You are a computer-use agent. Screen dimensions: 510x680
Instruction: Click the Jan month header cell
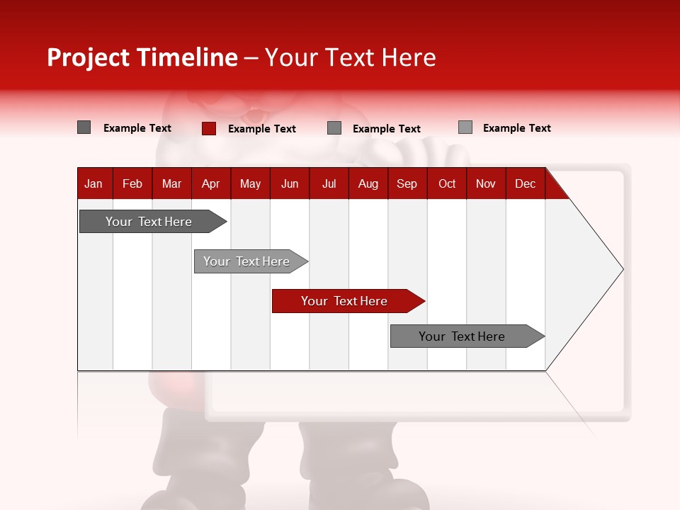(94, 183)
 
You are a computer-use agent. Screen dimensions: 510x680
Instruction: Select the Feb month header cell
(132, 183)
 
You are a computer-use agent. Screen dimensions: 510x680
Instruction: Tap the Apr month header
(211, 183)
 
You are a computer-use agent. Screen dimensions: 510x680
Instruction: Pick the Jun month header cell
(290, 183)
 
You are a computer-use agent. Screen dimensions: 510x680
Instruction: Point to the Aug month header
(368, 183)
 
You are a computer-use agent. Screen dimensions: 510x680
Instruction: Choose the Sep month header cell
(407, 183)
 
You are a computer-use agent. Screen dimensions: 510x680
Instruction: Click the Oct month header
(447, 183)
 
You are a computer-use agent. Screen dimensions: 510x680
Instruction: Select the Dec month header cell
(526, 183)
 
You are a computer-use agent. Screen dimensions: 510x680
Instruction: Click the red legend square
(208, 128)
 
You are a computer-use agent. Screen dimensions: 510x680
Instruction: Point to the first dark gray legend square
(84, 127)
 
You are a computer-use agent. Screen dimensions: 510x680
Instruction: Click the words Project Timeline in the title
(142, 57)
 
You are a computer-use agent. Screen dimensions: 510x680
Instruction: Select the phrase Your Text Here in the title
(350, 57)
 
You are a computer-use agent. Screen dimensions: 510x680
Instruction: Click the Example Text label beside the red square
(262, 129)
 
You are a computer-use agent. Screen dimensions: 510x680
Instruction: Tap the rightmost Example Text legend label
(517, 128)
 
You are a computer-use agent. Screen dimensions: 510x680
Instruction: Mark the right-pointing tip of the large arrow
(621, 269)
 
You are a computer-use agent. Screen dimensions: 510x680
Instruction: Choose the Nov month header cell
(486, 183)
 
